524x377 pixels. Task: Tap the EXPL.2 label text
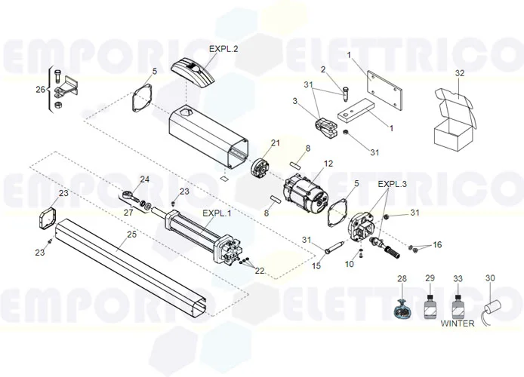pyautogui.click(x=223, y=49)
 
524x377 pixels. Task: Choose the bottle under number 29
pyautogui.click(x=430, y=308)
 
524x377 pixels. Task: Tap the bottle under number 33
pyautogui.click(x=457, y=308)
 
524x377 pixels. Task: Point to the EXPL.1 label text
pyautogui.click(x=216, y=213)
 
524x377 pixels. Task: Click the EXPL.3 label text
pyautogui.click(x=393, y=184)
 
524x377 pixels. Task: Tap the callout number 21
pyautogui.click(x=276, y=143)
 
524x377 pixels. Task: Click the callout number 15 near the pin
pyautogui.click(x=317, y=265)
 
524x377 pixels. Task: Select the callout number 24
pyautogui.click(x=145, y=179)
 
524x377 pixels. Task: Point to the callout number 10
pyautogui.click(x=349, y=265)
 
